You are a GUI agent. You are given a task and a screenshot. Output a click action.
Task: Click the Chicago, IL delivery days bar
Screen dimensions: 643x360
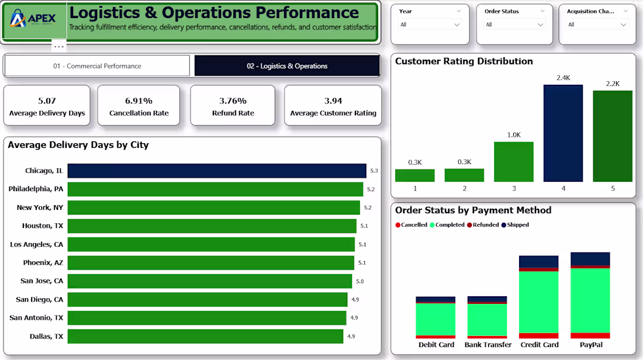coord(217,171)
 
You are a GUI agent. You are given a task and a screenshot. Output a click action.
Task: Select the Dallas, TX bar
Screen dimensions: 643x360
coord(205,336)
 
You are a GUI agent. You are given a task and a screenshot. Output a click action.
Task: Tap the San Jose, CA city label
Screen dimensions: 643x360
coord(42,281)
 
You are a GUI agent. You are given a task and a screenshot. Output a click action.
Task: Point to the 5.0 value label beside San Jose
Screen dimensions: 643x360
coord(359,281)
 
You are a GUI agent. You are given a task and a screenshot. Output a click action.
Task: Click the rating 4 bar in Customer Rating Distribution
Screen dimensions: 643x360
coord(563,133)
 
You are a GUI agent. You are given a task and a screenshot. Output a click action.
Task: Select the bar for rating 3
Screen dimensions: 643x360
coord(514,161)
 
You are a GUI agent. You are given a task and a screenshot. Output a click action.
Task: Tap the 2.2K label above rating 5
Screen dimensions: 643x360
coord(613,84)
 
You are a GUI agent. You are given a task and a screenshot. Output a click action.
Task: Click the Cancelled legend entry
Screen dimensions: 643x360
coord(412,224)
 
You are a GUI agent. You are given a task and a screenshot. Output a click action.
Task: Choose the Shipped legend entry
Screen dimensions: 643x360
coord(515,224)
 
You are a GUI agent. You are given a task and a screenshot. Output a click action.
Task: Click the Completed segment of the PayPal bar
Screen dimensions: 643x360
coord(590,300)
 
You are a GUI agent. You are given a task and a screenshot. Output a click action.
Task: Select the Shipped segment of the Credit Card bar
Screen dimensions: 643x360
coord(538,262)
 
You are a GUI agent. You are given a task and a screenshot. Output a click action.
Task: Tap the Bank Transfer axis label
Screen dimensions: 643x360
coord(488,345)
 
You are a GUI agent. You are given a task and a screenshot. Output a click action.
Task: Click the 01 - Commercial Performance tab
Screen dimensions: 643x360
coord(97,66)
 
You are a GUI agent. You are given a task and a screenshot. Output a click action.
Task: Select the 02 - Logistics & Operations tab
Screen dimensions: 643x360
coord(287,66)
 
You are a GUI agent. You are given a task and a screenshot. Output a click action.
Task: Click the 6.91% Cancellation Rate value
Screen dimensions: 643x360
coord(139,101)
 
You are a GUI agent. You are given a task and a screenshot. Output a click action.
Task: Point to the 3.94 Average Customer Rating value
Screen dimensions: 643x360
coord(333,101)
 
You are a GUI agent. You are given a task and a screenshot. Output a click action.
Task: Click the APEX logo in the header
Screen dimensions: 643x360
coord(33,19)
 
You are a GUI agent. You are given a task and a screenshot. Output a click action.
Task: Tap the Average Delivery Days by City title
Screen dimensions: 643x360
coord(78,145)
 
